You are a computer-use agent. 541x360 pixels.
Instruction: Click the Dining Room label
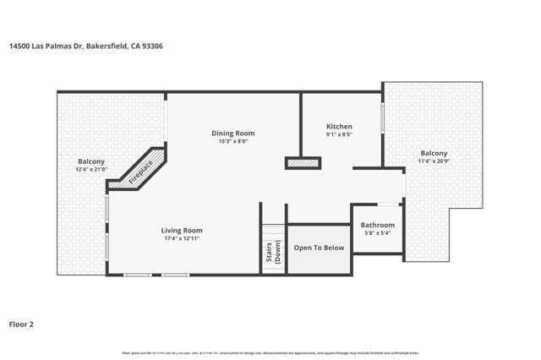pos(232,133)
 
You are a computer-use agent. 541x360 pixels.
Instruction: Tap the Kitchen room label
pos(339,126)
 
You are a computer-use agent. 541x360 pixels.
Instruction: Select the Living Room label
pos(182,230)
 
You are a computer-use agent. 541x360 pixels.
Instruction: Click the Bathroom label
pos(378,225)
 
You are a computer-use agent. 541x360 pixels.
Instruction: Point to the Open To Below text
pos(319,248)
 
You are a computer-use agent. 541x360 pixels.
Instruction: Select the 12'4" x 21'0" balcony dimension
pos(90,169)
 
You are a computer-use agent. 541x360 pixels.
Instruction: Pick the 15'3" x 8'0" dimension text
pos(232,141)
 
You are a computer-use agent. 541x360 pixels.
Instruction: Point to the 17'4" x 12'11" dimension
pos(182,238)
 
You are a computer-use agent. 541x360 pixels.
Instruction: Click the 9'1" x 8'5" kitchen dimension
pos(339,134)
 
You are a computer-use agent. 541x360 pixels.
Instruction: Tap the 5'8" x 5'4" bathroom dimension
pos(378,233)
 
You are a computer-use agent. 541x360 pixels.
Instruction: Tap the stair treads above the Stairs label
pos(273,232)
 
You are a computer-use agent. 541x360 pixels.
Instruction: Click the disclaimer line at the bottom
pos(270,352)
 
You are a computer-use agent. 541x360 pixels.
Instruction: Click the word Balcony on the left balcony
pos(90,161)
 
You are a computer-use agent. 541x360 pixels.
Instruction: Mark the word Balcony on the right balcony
pos(433,153)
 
